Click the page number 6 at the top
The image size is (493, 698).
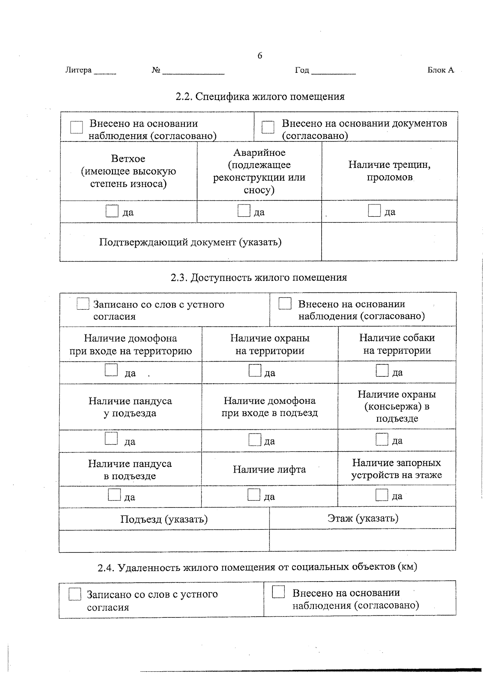(x=260, y=56)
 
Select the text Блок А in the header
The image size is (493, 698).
(x=440, y=70)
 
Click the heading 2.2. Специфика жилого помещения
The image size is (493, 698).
(x=260, y=97)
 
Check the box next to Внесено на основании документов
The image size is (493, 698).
(x=268, y=127)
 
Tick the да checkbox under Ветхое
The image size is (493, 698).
(x=112, y=211)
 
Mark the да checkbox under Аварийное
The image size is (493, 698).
(x=244, y=211)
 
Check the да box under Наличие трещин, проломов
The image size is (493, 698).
(x=374, y=211)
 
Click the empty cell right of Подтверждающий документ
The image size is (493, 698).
(x=389, y=241)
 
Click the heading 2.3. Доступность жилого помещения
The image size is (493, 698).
(x=259, y=278)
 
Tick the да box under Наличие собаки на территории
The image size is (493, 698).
(x=382, y=371)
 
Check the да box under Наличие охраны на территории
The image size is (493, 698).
(x=255, y=371)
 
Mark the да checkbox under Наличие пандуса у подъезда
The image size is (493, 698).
(x=111, y=439)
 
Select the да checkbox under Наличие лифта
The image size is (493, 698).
(x=254, y=495)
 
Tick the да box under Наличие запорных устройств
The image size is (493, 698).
(x=382, y=495)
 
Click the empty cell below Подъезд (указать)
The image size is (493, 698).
(x=164, y=540)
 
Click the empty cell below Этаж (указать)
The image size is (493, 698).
(x=362, y=539)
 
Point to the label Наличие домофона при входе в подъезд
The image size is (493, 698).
(x=270, y=407)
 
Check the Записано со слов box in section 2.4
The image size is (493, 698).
(x=75, y=594)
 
